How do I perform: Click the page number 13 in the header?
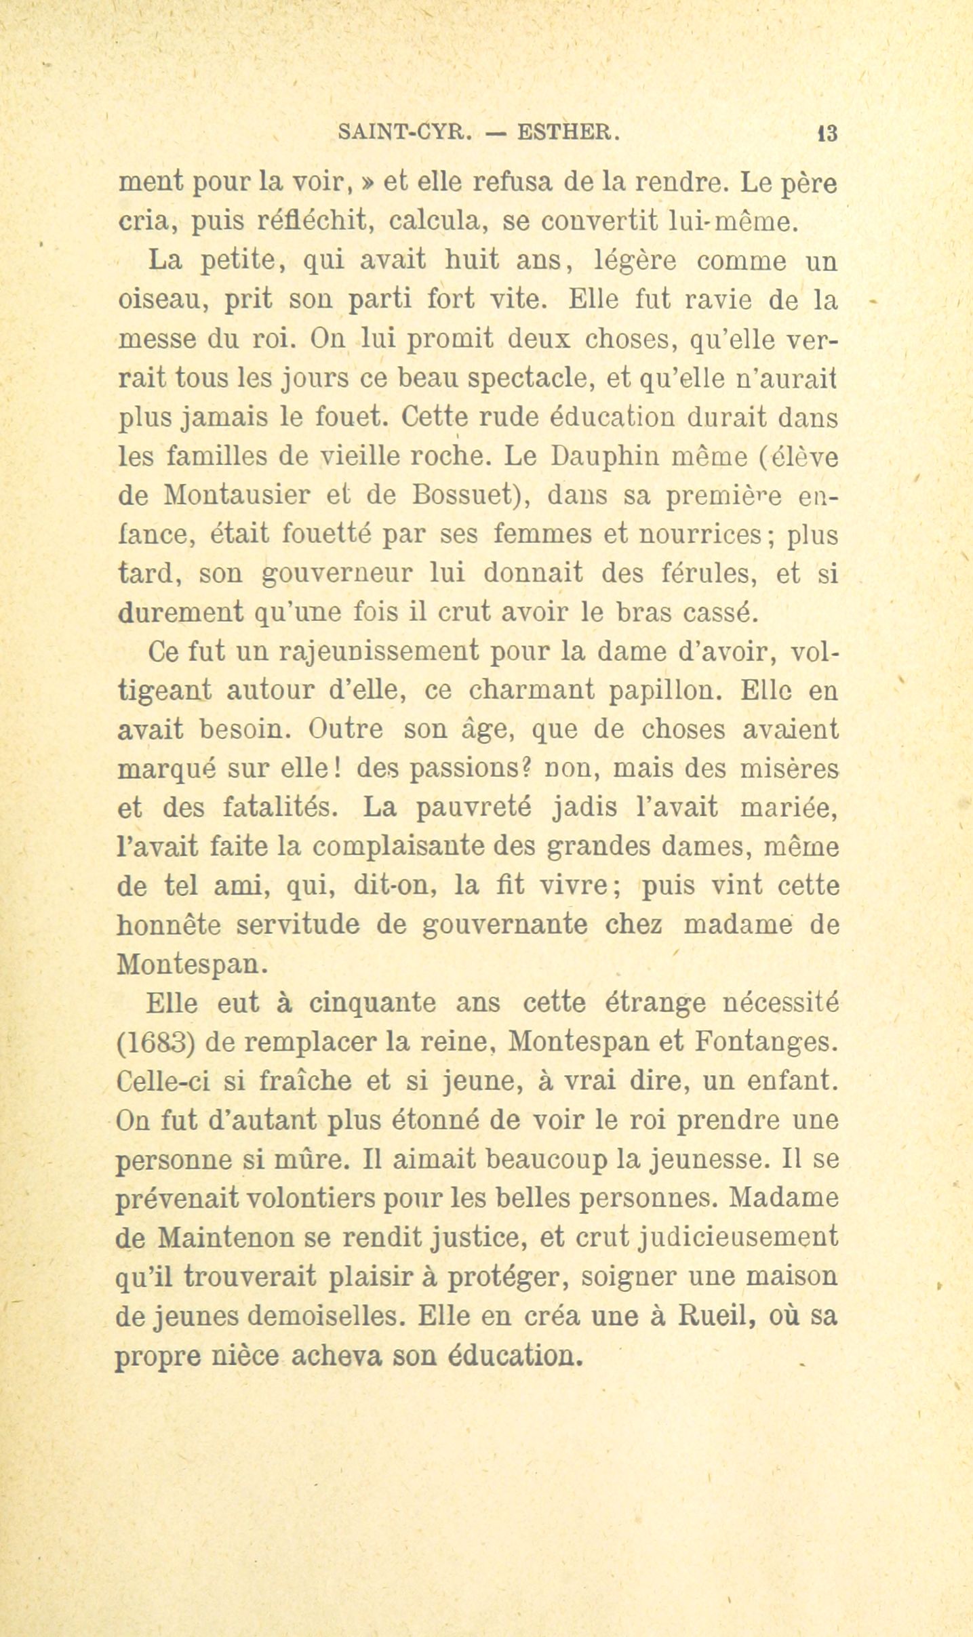tap(828, 133)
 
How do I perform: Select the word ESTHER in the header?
tap(568, 132)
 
